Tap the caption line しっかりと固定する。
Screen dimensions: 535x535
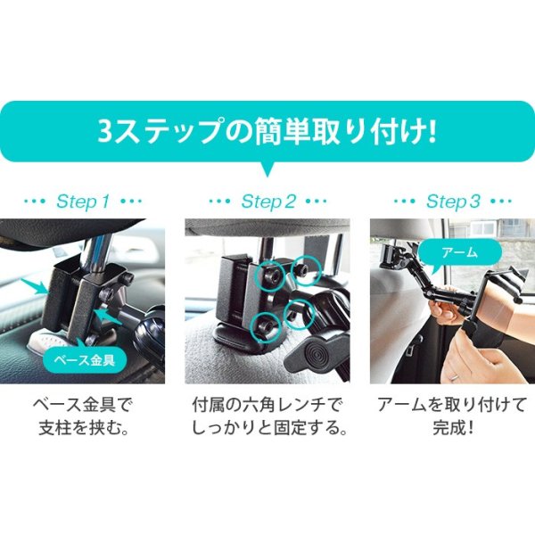click(267, 428)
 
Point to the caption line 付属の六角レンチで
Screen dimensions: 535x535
click(267, 405)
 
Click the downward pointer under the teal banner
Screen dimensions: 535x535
click(267, 171)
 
